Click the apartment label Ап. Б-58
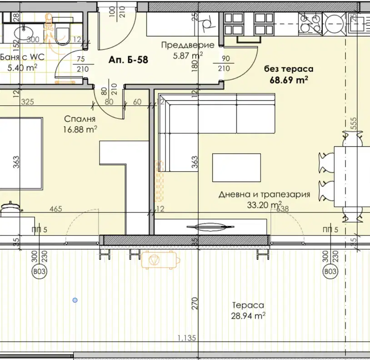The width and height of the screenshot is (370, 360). click(128, 60)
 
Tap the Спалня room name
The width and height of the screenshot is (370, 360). click(80, 119)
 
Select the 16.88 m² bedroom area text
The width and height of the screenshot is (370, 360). click(80, 129)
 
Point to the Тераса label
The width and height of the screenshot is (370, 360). click(248, 305)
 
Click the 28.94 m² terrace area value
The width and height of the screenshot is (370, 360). click(248, 316)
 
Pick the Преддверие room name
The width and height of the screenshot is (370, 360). click(188, 45)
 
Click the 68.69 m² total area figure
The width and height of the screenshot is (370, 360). click(289, 79)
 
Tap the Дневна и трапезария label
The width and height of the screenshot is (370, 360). click(264, 194)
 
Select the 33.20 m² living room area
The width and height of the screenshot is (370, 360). click(264, 204)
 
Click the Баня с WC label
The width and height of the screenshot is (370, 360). click(22, 57)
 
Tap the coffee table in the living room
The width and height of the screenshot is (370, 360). click(236, 168)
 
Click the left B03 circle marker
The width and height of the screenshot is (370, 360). click(39, 271)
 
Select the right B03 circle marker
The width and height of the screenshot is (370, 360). click(330, 271)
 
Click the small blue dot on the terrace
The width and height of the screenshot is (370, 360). click(75, 300)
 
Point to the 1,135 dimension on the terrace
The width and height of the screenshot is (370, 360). click(187, 338)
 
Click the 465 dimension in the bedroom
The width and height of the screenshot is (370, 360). click(56, 209)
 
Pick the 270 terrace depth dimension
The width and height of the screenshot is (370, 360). click(195, 303)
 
